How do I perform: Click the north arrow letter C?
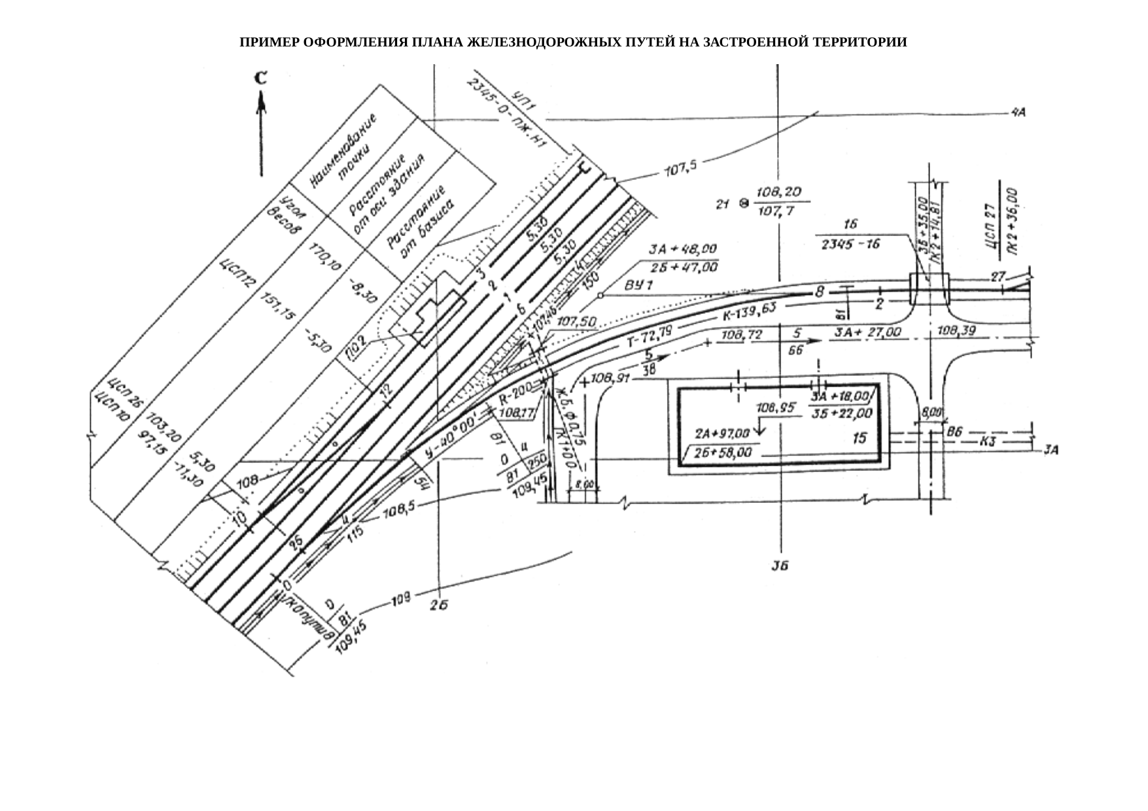(x=260, y=78)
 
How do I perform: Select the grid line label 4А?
(x=1018, y=112)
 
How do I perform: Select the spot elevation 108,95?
(x=776, y=407)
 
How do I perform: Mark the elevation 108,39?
(x=956, y=331)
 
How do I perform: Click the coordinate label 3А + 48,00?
(x=682, y=250)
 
